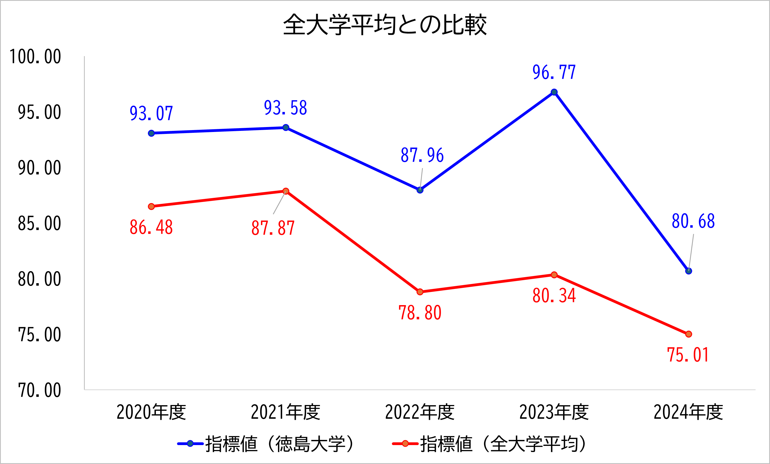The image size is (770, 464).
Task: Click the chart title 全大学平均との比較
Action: (x=385, y=25)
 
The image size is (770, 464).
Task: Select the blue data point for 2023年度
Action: (x=554, y=92)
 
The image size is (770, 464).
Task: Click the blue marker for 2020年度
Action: (x=151, y=133)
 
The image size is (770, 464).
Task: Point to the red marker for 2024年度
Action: (x=688, y=334)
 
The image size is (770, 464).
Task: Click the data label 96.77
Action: (x=554, y=72)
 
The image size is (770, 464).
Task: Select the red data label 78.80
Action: (x=420, y=313)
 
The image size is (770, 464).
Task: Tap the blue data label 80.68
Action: (x=693, y=221)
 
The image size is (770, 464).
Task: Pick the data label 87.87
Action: (x=273, y=228)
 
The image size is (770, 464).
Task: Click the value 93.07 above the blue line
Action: (x=151, y=113)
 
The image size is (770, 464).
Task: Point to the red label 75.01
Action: (x=688, y=355)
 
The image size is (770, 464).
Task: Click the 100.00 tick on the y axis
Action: (x=35, y=57)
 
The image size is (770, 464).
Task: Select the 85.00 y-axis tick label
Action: (x=39, y=224)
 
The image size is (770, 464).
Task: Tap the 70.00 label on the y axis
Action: (x=39, y=390)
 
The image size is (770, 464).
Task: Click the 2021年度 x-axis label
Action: (x=286, y=412)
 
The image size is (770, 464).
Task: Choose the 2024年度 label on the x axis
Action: (x=688, y=412)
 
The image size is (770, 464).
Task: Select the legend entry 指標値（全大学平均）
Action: (x=489, y=444)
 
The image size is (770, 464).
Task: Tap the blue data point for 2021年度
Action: (x=286, y=128)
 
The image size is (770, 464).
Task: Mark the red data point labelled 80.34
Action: (x=554, y=275)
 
